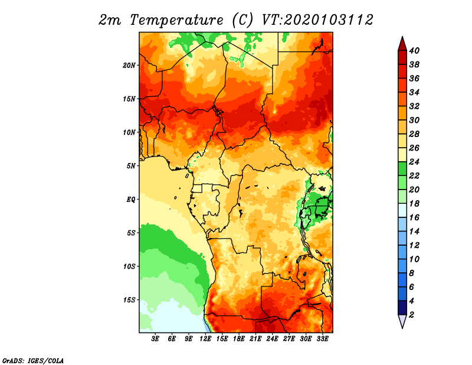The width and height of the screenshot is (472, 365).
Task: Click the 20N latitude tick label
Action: tap(129, 65)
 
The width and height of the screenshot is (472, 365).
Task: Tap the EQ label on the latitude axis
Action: tap(131, 200)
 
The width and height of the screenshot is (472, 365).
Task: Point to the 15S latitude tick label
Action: tap(129, 300)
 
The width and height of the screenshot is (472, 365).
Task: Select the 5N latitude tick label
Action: tap(131, 166)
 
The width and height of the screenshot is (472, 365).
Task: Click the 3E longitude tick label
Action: tap(156, 339)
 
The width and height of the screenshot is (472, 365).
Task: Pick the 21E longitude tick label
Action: tap(255, 339)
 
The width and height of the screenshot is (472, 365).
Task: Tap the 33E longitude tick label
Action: tap(322, 339)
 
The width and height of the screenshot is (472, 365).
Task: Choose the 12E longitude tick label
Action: tap(206, 339)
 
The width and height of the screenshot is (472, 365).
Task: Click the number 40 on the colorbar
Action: tap(414, 50)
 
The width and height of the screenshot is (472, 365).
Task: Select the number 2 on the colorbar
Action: tap(412, 315)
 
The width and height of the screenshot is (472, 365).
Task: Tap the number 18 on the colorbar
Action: tap(414, 204)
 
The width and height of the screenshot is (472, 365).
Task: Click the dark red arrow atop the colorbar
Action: tap(402, 43)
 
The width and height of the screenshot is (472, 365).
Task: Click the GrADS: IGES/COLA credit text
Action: tap(33, 360)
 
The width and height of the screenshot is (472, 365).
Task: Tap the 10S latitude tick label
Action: tap(129, 266)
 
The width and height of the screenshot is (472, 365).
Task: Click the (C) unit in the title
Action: tap(242, 20)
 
